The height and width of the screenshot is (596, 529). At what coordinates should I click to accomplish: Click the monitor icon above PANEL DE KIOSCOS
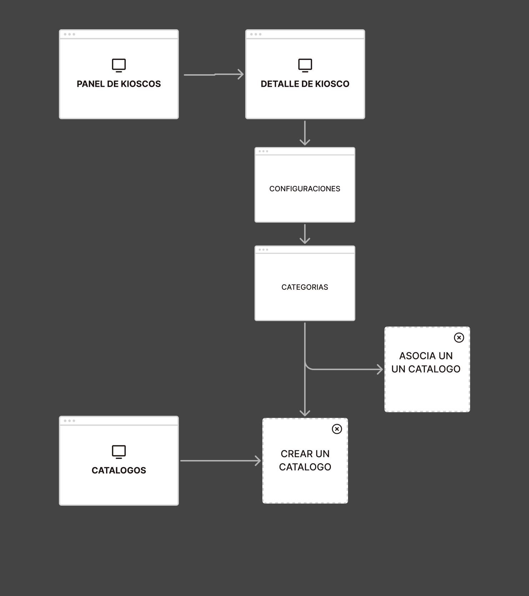coord(119,66)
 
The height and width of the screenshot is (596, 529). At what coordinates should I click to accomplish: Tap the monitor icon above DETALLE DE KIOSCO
coord(305,66)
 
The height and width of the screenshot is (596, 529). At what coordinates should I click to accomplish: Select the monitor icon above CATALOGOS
coord(119,452)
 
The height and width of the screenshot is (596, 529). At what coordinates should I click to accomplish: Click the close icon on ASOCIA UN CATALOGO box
coord(459,338)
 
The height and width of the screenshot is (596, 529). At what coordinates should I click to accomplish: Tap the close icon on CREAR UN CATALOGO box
coord(337,429)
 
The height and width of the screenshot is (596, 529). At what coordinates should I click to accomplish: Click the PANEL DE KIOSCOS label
coord(119,84)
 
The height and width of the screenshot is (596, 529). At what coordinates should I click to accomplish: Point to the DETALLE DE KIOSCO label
coord(305,84)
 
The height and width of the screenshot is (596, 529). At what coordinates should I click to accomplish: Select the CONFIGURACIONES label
coord(305,189)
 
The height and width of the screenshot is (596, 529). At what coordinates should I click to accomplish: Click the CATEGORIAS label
coord(305,287)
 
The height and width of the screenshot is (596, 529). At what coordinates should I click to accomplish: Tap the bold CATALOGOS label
coord(119,470)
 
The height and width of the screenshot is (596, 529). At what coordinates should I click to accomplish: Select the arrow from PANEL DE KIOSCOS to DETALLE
coord(213,75)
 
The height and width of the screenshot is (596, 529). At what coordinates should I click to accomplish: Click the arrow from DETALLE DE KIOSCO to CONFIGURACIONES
coord(305,133)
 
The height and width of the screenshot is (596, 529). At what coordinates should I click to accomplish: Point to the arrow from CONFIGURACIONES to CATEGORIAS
coord(305,234)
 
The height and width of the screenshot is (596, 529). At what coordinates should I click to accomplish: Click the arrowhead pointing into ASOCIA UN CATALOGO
coord(380,369)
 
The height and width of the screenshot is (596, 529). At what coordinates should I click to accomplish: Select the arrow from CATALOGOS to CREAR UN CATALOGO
coord(221,461)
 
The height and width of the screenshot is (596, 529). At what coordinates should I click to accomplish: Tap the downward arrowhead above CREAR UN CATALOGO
coord(305,413)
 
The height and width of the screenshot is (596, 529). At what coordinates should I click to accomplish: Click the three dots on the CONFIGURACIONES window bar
coord(263,151)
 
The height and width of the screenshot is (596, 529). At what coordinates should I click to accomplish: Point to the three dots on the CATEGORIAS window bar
coord(263,250)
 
